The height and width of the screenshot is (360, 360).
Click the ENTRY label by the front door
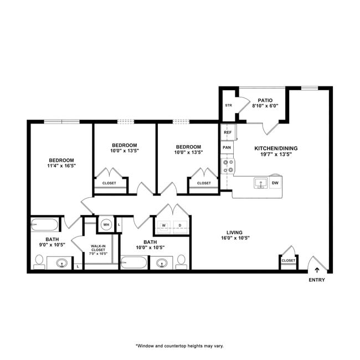(317, 280)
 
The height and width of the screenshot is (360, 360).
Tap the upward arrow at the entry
(317, 270)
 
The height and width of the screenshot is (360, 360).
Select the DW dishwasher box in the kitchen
(275, 182)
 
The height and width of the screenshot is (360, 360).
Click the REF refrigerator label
(227, 132)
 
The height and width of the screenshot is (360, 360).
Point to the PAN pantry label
(227, 148)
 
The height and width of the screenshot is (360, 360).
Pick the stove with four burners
(228, 166)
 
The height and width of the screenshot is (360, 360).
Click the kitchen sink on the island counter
(259, 183)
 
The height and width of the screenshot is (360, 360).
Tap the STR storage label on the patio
(228, 105)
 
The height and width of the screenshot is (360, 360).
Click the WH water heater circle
(105, 224)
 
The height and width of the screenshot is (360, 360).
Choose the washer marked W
(164, 225)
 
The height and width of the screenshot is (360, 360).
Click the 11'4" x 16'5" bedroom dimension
(61, 165)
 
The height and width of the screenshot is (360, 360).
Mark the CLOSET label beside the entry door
(288, 260)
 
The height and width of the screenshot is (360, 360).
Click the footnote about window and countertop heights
(180, 346)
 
